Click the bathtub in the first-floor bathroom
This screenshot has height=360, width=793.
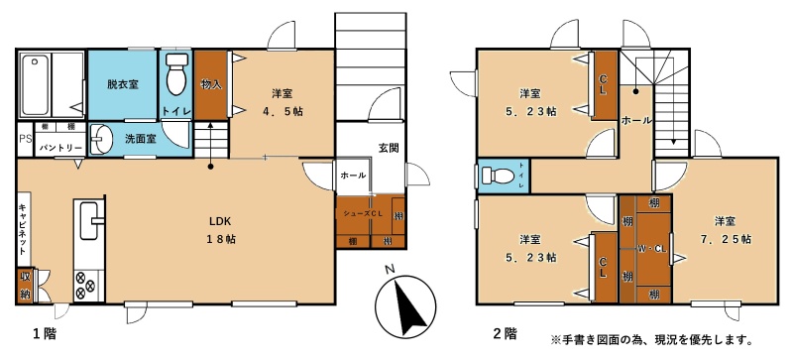(36, 85)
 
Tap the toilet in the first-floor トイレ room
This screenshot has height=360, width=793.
(176, 74)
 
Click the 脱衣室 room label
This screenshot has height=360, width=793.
(122, 84)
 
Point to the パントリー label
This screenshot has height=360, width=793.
(60, 148)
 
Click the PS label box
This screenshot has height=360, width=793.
(25, 139)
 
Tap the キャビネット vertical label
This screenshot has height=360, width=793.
(23, 228)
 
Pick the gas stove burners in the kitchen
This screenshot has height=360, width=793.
(84, 286)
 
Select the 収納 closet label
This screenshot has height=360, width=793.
(25, 285)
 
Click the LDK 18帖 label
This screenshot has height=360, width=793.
(220, 230)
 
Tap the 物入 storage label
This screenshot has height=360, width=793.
(211, 84)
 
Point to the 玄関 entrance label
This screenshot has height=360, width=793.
(389, 148)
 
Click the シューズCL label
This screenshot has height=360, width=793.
(362, 213)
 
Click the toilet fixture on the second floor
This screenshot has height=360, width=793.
(499, 176)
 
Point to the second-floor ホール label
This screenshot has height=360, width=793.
(636, 121)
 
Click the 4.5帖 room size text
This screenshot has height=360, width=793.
(283, 111)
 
